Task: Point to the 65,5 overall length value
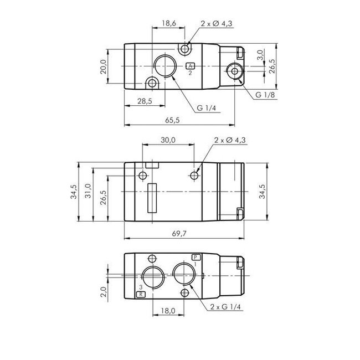tap(174, 120)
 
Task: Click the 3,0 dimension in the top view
tap(260, 55)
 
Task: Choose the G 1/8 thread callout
tap(265, 95)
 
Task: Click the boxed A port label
tap(190, 66)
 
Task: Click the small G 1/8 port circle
tap(233, 70)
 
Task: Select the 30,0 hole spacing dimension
tap(168, 141)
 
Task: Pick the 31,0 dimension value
tap(88, 192)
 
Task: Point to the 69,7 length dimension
tap(178, 234)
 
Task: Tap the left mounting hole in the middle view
tap(143, 176)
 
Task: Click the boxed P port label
tap(195, 257)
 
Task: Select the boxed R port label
tap(142, 294)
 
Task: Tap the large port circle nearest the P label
tap(183, 274)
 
